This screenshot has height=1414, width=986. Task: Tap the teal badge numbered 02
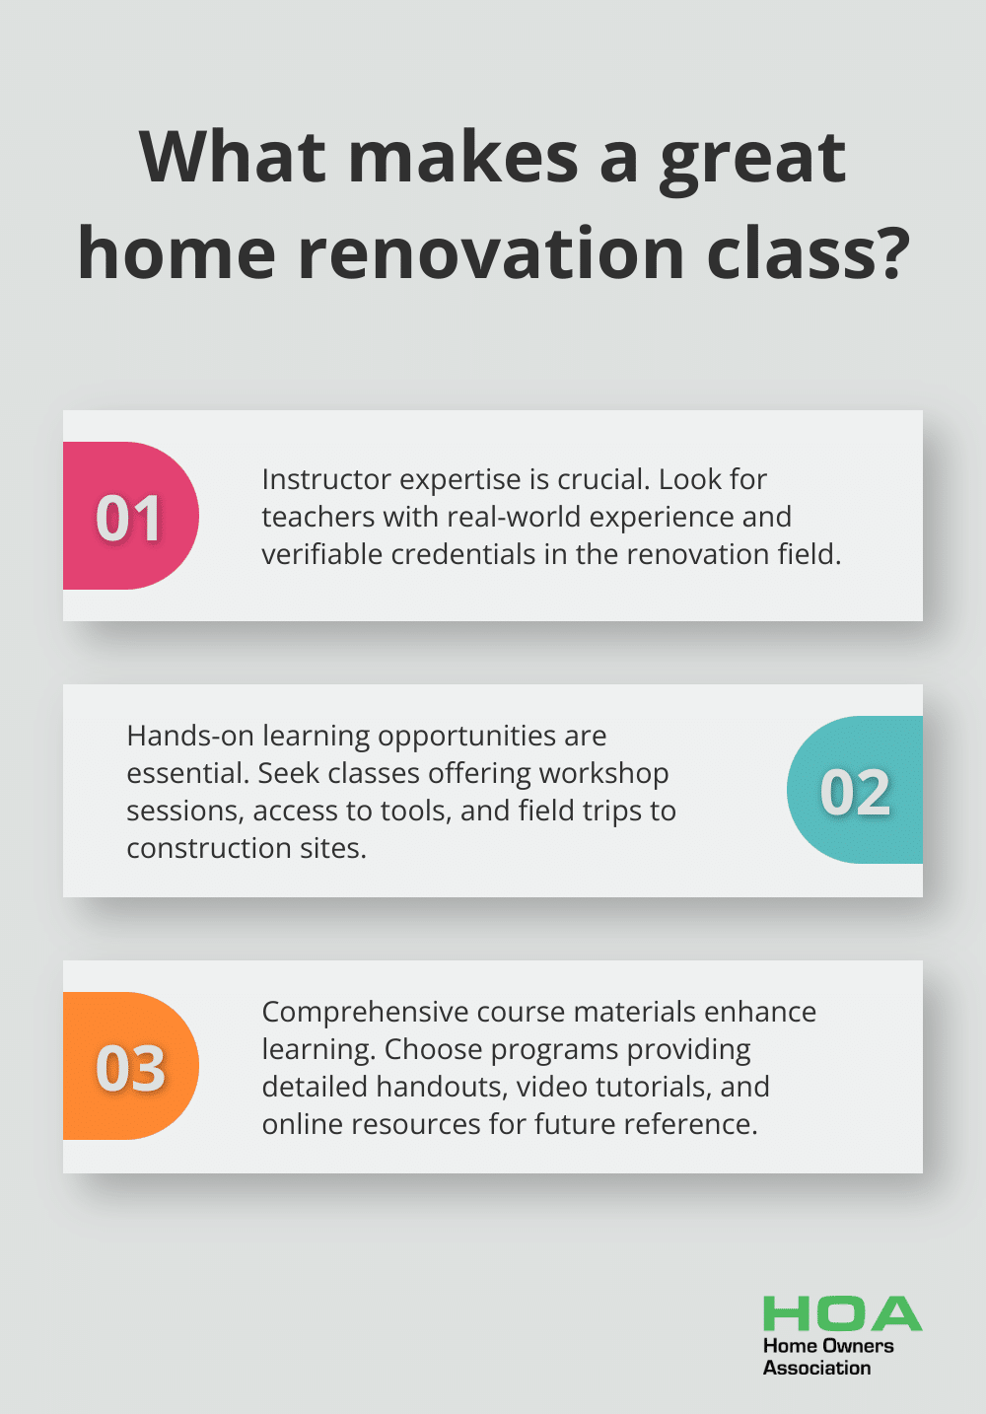click(855, 790)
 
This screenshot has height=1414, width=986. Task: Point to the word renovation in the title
click(491, 253)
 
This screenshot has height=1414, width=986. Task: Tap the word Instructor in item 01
click(326, 479)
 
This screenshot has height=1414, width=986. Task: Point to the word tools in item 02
click(419, 812)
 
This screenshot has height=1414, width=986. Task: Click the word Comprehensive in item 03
click(365, 1012)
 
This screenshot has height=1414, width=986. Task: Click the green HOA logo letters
click(843, 1313)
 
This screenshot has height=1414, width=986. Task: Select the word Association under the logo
click(816, 1368)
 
